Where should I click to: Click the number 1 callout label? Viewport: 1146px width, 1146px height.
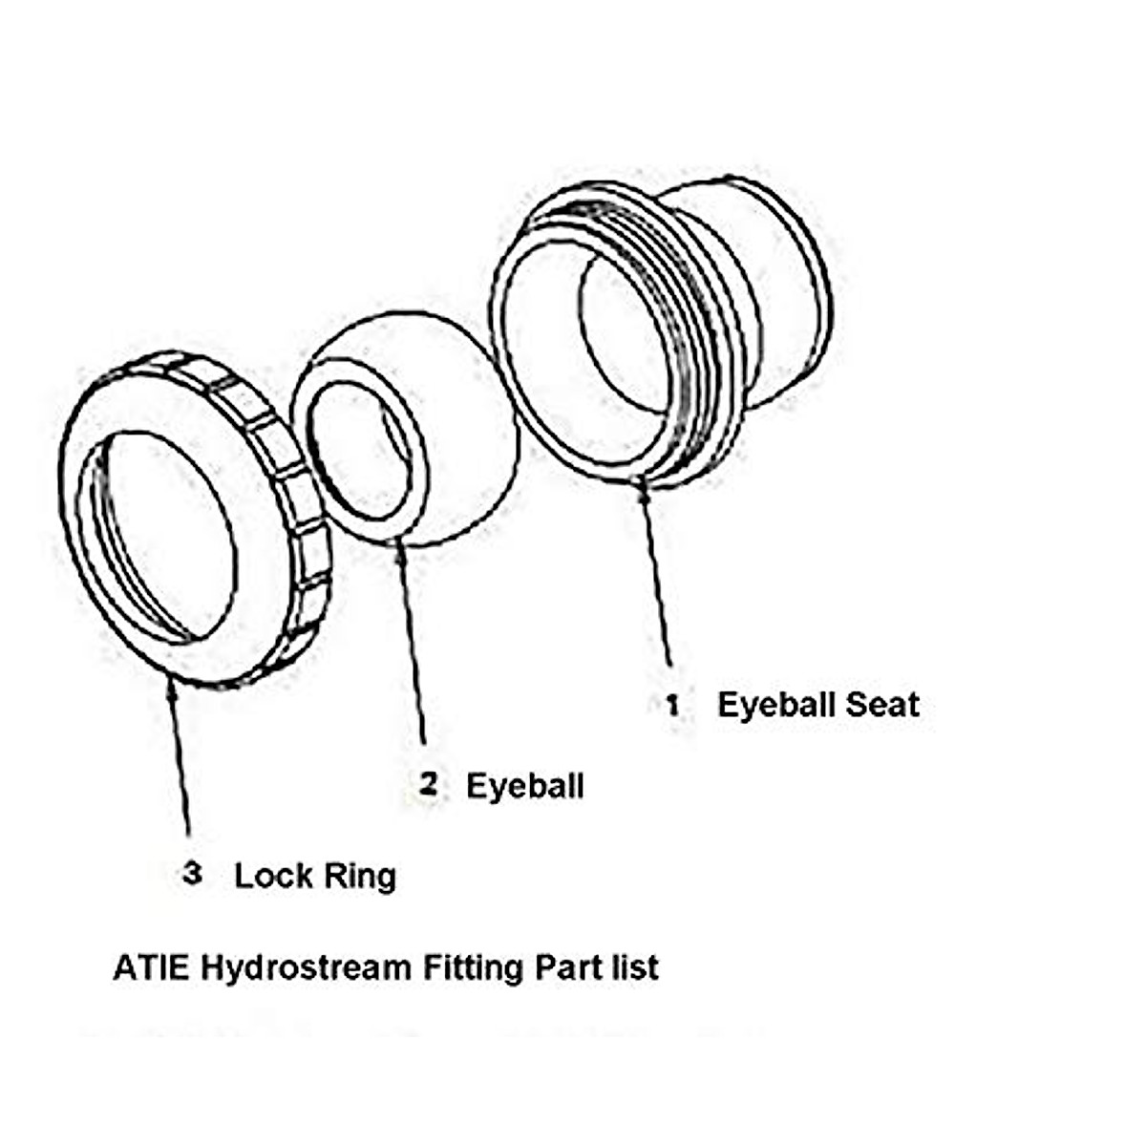[x=673, y=706]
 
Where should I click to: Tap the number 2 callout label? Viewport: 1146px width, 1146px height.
[x=429, y=785]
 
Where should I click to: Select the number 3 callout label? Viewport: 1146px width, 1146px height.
[x=193, y=873]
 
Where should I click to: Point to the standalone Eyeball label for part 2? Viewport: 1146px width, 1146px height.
[x=524, y=786]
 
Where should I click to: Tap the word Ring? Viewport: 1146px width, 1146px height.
[x=359, y=876]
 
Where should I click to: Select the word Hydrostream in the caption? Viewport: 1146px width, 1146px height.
[x=306, y=968]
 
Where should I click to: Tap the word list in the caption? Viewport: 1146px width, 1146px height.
[x=634, y=967]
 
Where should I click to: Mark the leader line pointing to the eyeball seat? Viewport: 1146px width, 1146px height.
[x=657, y=573]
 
